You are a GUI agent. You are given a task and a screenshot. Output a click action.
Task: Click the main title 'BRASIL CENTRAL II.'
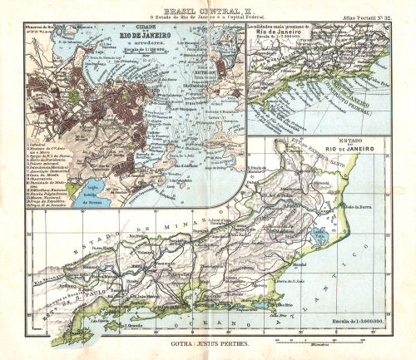[208, 7]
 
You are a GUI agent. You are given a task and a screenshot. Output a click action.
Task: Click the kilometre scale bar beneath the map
[316, 341]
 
